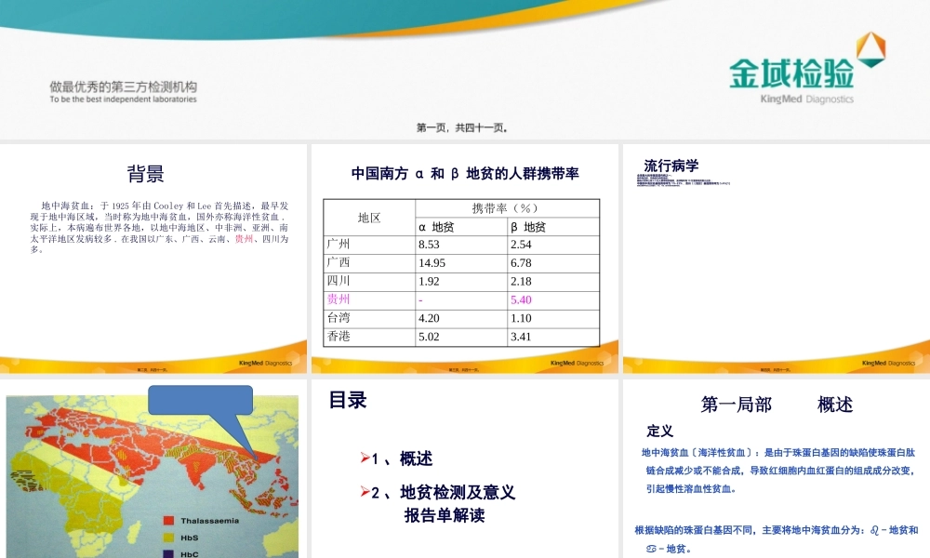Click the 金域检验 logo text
791,73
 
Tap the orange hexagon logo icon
870,49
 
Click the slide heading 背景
146,174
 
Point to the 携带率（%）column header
506,208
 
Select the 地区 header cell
369,218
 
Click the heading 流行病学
671,166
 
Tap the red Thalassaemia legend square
169,521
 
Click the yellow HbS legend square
169,538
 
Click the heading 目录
348,400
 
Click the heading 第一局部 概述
777,404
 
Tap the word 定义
660,432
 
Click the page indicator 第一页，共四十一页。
462,127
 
